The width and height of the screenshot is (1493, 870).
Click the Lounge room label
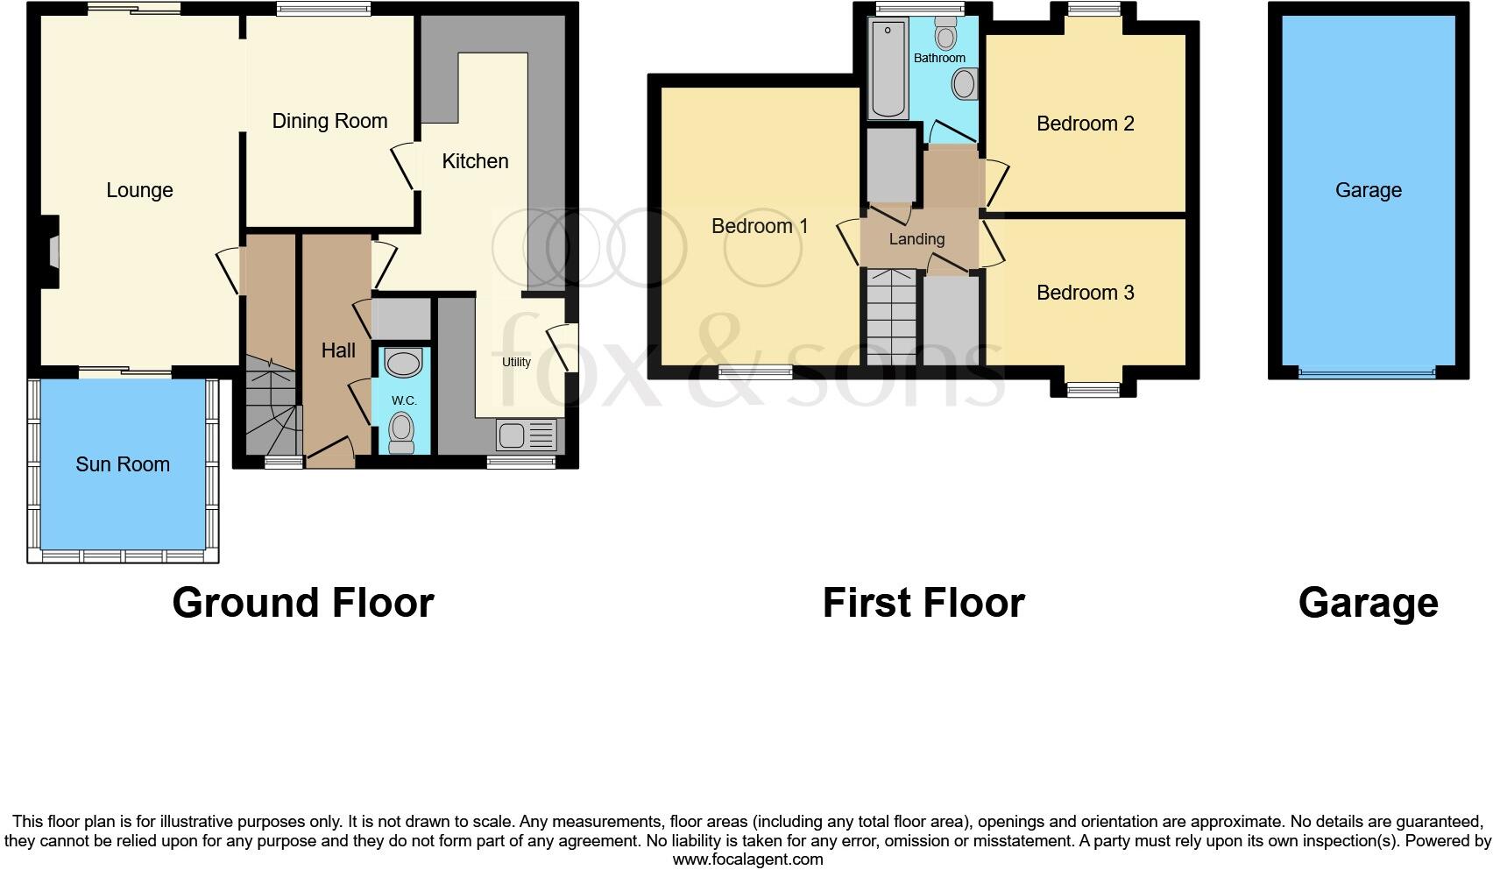click(139, 190)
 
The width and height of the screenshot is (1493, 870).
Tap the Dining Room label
click(329, 121)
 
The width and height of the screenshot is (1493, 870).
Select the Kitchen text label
click(475, 161)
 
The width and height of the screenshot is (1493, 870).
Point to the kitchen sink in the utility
click(527, 435)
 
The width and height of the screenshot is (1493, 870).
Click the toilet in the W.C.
click(401, 431)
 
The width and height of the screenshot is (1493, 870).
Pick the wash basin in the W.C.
click(403, 363)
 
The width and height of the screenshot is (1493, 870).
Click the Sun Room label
click(123, 464)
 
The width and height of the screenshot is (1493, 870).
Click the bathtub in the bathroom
click(888, 68)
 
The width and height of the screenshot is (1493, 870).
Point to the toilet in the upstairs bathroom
click(945, 34)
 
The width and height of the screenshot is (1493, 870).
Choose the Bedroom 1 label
click(760, 226)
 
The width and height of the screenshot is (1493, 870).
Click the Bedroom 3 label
click(1085, 293)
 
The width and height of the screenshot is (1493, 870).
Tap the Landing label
click(916, 239)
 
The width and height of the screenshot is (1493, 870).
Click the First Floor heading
click(923, 603)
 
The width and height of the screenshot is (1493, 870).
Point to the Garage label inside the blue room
click(1368, 190)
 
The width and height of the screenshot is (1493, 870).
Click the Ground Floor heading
click(303, 603)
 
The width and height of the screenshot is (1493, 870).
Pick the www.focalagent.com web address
click(747, 859)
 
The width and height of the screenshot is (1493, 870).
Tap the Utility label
click(516, 362)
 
